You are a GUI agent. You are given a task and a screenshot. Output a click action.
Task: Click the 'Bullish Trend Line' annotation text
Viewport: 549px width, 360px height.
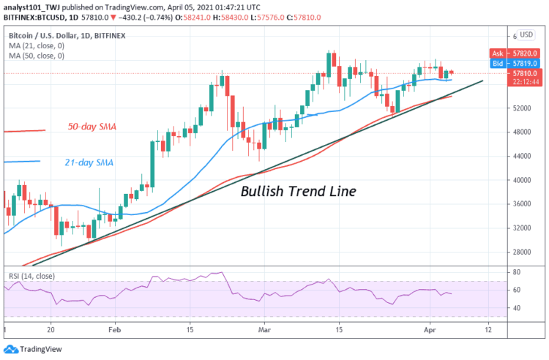coord(299,192)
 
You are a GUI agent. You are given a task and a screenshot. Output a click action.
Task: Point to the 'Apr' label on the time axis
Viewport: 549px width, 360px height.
coord(430,330)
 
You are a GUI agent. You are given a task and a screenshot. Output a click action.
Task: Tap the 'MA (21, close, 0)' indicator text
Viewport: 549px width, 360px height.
coord(37,45)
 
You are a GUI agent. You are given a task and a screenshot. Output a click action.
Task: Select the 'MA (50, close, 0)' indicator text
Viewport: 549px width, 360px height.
coord(37,56)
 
